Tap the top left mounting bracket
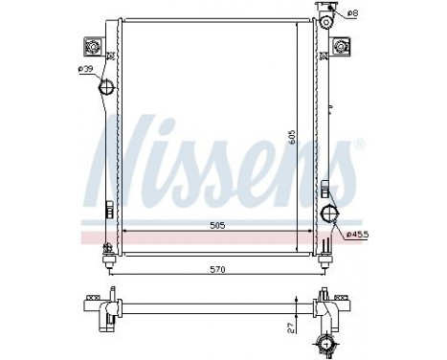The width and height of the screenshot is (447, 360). point(95,47)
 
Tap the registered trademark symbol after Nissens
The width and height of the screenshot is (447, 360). point(359,144)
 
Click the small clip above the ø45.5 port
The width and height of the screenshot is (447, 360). point(328,188)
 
